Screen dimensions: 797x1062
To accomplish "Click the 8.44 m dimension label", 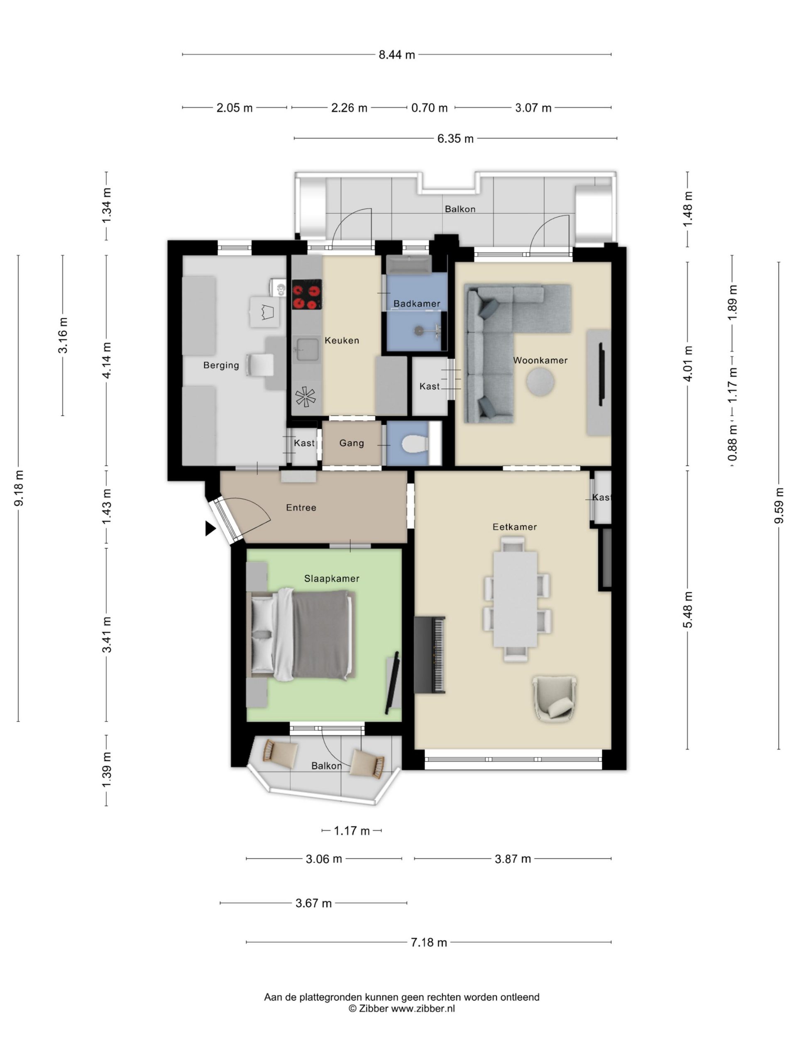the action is (x=396, y=55).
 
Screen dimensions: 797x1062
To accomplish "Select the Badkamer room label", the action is (x=416, y=303).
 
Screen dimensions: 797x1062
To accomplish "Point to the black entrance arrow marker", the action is (x=210, y=528).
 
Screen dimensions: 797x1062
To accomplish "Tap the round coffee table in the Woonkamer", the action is (x=540, y=382).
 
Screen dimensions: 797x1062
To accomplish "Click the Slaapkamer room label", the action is (x=332, y=579).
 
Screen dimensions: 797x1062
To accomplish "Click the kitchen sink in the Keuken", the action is (x=306, y=349).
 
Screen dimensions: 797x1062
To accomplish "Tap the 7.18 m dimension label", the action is (x=428, y=943).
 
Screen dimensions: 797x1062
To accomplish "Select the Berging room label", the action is (x=221, y=365).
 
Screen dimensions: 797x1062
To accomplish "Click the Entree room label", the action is (x=301, y=507).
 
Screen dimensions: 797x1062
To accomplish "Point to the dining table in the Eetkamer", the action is (x=515, y=599).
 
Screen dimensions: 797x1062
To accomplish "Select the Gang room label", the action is (x=352, y=443).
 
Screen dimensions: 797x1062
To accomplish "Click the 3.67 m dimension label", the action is (x=313, y=903).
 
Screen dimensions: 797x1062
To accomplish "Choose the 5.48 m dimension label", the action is (x=687, y=610).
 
